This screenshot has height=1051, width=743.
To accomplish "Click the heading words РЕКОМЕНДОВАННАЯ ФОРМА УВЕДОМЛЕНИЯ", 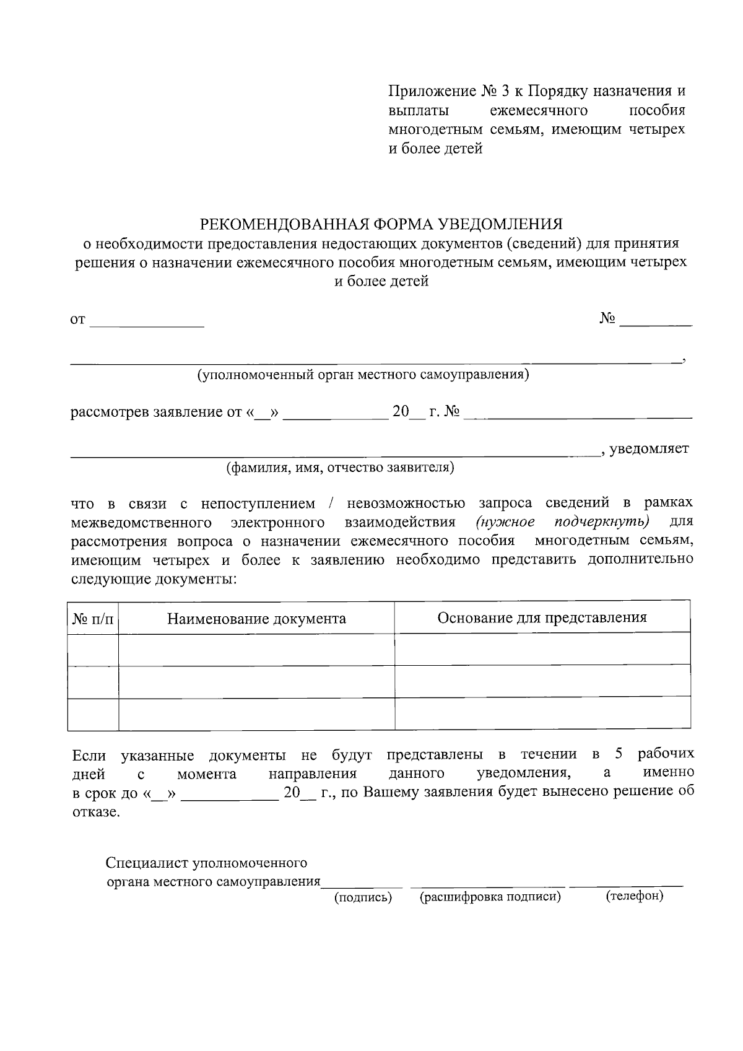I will coord(381,223).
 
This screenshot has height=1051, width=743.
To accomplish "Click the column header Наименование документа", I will coord(256,619).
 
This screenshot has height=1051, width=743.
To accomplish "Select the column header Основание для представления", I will coord(542,617).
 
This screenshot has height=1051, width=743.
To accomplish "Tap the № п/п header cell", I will coord(93,619).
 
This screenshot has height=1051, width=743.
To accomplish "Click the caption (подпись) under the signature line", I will coord(363,897).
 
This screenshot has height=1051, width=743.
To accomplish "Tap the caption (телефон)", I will coord(634,896).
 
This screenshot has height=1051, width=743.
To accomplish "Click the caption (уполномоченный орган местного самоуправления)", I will coord(363,375).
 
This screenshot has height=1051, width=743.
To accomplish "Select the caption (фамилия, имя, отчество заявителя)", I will coord(340,468).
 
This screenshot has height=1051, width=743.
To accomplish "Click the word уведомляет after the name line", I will coord(649,448).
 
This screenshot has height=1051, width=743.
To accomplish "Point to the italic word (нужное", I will coord(505,521).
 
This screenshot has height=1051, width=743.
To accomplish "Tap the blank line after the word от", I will coord(147,322).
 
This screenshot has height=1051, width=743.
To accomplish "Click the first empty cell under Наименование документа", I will coord(256,650).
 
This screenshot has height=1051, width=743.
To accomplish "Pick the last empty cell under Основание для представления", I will coord(542,713).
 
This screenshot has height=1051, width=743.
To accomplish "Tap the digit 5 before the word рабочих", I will coord(618,754).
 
